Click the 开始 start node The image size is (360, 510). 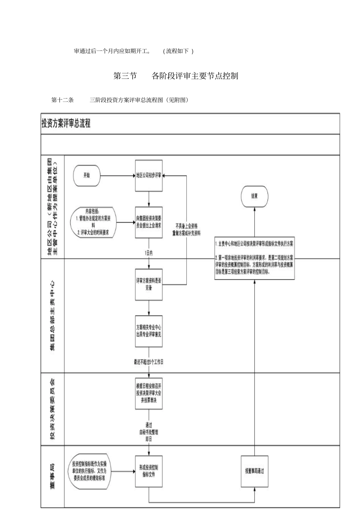87,176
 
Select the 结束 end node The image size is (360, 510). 254,196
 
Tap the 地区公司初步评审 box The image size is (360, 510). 149,176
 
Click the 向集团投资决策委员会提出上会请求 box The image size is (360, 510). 149,222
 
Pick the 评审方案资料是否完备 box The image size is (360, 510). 149,284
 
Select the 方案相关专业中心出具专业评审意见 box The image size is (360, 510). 149,331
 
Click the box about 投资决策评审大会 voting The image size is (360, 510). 149,393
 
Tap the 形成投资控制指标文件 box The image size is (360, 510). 149,471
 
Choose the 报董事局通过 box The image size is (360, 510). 254,471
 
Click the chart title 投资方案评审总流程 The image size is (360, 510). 66,124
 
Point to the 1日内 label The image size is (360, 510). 149,253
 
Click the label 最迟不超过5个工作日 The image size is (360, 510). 149,362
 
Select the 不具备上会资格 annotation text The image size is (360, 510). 186,226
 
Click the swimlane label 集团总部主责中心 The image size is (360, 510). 53,315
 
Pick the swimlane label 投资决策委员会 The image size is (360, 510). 53,409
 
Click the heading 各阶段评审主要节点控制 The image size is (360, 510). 195,76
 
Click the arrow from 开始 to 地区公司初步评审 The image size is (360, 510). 117,176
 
